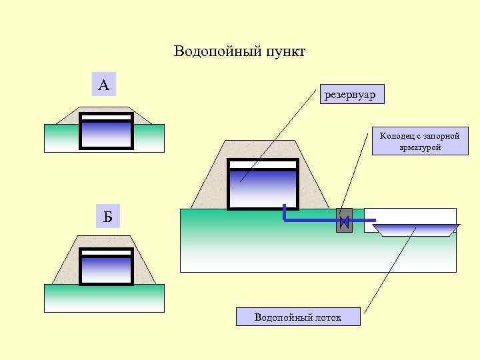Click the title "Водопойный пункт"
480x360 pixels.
(x=239, y=51)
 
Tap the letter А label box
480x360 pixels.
(x=103, y=85)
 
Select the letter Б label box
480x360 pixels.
(x=107, y=216)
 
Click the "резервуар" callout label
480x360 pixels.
(x=351, y=95)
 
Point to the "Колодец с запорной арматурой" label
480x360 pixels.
(x=420, y=141)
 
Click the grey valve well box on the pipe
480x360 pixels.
(x=344, y=221)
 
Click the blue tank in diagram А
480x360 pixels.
(x=107, y=133)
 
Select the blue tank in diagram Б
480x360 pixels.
(x=106, y=270)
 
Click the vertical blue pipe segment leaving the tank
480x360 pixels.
(x=285, y=212)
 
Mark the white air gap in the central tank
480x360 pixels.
(x=262, y=165)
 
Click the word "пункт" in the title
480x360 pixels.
(x=283, y=51)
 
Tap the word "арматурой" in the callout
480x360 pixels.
(x=420, y=147)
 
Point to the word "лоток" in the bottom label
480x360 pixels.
(x=327, y=317)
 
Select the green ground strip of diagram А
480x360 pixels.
(x=60, y=138)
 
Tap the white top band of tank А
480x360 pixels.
(x=107, y=117)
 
